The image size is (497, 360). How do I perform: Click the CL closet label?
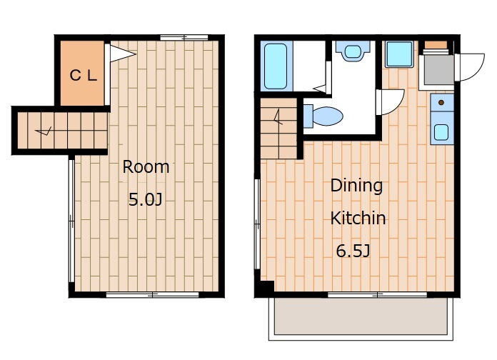(x=83, y=76)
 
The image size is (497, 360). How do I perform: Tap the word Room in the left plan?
(x=146, y=167)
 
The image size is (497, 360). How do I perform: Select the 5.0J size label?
(x=145, y=199)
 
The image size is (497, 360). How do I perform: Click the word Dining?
(x=356, y=186)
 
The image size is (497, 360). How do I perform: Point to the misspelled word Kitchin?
(x=358, y=218)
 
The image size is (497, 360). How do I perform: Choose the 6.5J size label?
(x=353, y=251)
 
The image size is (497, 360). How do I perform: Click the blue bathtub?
(x=276, y=66)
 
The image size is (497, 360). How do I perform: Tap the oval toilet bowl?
(x=328, y=116)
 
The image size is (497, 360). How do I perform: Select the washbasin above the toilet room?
(x=353, y=51)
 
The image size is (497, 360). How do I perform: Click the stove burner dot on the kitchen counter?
(x=441, y=102)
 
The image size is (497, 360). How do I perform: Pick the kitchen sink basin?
(x=441, y=132)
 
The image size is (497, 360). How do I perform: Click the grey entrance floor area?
(x=439, y=70)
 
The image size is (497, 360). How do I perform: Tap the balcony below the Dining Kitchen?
(x=361, y=316)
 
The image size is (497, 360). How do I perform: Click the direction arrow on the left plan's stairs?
(x=44, y=131)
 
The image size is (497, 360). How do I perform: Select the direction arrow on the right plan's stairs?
(x=278, y=117)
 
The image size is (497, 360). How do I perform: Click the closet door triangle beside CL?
(x=123, y=54)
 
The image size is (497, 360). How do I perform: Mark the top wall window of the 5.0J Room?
(x=184, y=38)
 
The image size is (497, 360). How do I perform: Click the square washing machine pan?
(x=399, y=54)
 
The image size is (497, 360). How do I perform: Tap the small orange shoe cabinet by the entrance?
(x=436, y=45)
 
